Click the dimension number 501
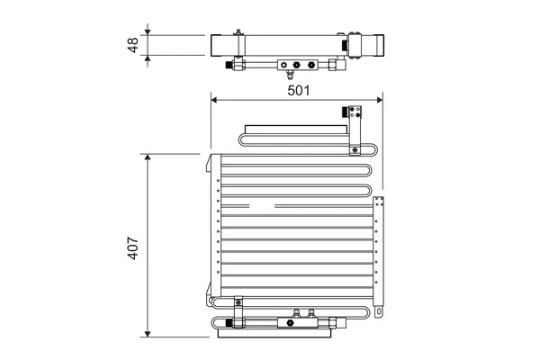[297, 88]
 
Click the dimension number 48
[133, 45]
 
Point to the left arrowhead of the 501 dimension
[214, 100]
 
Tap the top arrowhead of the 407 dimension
[148, 157]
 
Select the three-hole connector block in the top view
[297, 65]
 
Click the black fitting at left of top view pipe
[238, 65]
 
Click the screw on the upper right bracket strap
[357, 149]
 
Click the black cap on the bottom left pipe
[231, 321]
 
